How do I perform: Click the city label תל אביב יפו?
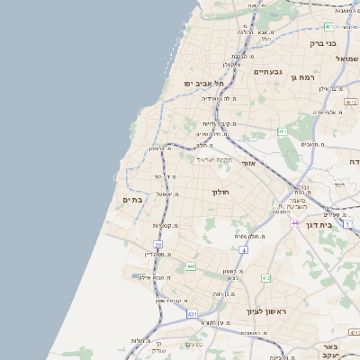[x=204, y=83]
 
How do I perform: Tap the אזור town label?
[x=251, y=164]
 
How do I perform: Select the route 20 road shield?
[x=158, y=244]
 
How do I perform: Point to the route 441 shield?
[x=191, y=266]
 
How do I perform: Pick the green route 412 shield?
[x=265, y=279]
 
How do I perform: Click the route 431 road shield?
[x=192, y=313]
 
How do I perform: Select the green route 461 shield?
[x=283, y=131]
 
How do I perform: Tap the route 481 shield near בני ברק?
[x=329, y=26]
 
